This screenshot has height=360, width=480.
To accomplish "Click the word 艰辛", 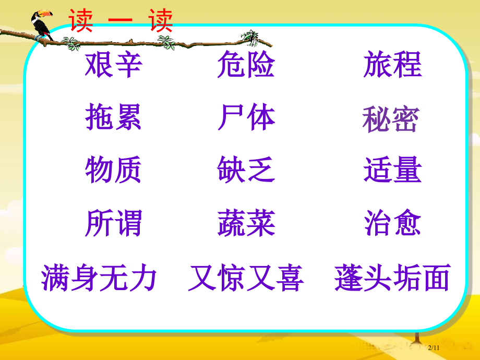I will point(113,65).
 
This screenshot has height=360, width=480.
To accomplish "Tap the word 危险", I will point(246,65).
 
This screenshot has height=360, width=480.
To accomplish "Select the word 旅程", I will point(392,65).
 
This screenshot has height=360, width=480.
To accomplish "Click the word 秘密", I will point(391,121).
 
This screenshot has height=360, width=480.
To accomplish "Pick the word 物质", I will point(113,170).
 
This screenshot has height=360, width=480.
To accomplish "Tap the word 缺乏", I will point(246,170).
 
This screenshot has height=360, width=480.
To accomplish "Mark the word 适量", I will point(392,170).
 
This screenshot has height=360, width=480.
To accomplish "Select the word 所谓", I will point(113,223).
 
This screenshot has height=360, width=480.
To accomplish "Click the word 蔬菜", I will point(246,223).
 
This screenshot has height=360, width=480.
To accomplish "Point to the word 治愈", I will point(392,223).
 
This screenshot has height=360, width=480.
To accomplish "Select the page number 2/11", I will point(435,347).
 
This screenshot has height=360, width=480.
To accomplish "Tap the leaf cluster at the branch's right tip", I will point(251,38).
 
